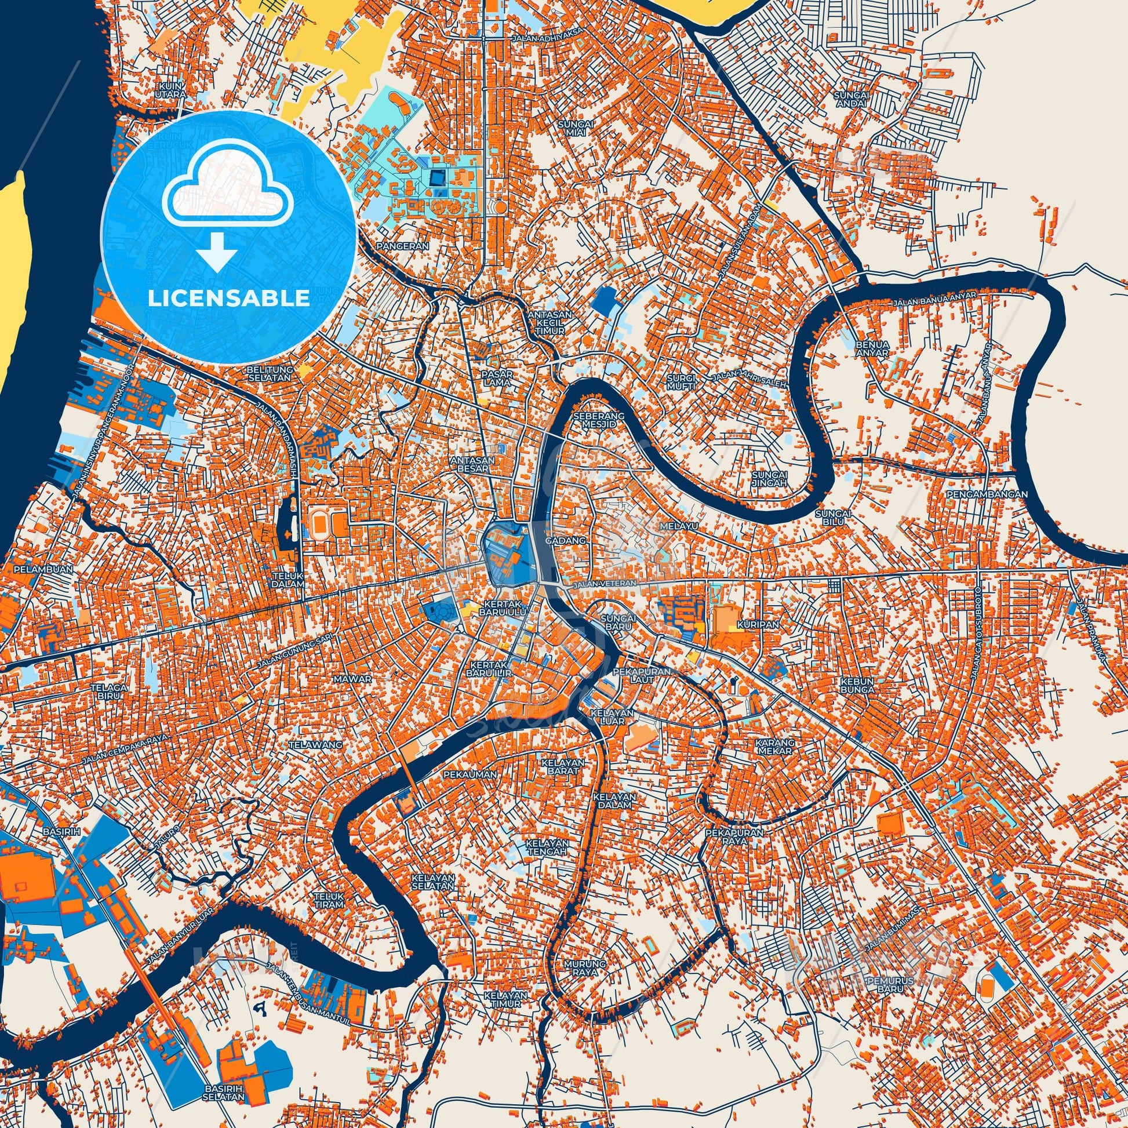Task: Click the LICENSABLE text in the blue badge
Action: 228,299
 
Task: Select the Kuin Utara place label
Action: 171,89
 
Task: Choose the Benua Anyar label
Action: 872,348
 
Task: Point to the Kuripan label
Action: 750,624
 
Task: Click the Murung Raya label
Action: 581,967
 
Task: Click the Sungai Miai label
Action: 576,128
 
